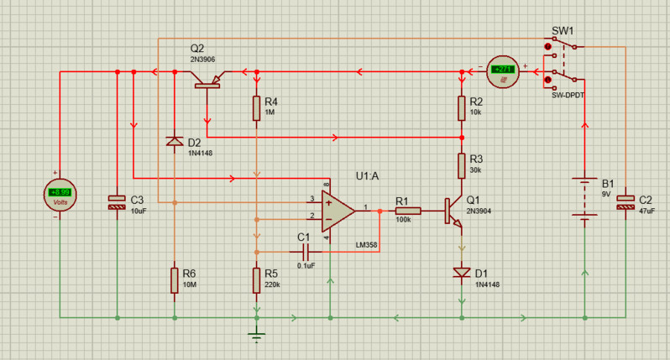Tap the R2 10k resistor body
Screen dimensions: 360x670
point(461,107)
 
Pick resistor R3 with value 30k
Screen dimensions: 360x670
point(461,165)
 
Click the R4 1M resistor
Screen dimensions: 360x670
point(257,107)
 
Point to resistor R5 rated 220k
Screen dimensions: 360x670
point(257,279)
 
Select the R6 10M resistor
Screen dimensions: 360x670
point(175,279)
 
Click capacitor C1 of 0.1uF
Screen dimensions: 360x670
point(305,251)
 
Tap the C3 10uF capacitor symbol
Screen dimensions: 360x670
point(117,201)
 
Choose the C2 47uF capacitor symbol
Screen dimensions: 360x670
point(626,201)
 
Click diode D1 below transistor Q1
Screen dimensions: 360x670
point(461,272)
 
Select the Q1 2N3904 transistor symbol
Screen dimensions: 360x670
point(453,211)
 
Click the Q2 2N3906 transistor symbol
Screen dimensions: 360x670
point(207,81)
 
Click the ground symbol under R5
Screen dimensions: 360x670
point(257,335)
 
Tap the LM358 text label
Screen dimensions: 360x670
point(367,244)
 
